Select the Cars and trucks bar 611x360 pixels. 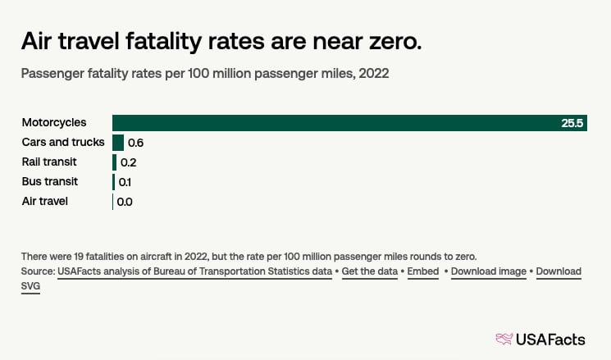tap(118, 143)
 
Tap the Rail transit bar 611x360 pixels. tap(115, 162)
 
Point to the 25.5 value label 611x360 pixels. tap(572, 123)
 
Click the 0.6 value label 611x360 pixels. tap(136, 143)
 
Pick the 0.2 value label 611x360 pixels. tap(128, 162)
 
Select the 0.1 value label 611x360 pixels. tap(125, 181)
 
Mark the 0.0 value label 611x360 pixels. tap(125, 201)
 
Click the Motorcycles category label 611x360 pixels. tap(54, 123)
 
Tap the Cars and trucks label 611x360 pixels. tap(63, 142)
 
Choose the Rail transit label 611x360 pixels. tap(50, 162)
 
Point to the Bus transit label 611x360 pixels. tap(49, 180)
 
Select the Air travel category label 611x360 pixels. tap(45, 200)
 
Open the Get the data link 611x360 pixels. tap(371, 271)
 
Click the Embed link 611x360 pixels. tap(422, 271)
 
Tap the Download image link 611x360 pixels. tap(489, 271)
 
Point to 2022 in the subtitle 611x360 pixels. tap(372, 74)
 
